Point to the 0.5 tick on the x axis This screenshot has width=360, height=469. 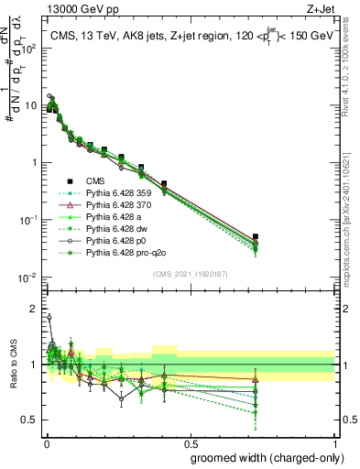[x=190, y=442]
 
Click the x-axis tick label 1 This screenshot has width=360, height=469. [x=335, y=442]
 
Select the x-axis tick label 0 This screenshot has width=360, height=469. [x=45, y=442]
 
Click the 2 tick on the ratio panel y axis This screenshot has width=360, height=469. [x=33, y=309]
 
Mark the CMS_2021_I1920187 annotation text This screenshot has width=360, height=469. [x=190, y=274]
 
